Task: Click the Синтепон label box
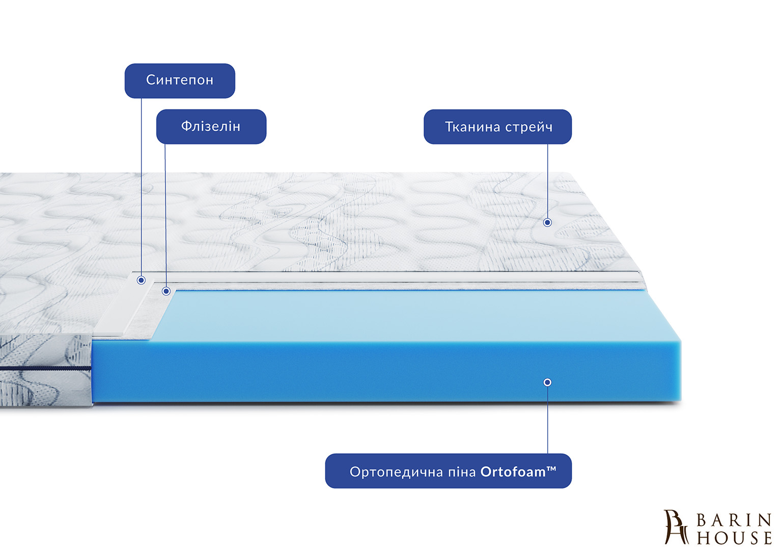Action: click(180, 80)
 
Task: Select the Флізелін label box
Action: click(211, 126)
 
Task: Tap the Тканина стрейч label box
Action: click(497, 127)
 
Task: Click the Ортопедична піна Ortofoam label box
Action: click(448, 471)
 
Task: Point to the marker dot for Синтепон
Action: click(142, 280)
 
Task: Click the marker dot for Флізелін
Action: click(166, 291)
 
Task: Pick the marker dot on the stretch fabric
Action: click(547, 223)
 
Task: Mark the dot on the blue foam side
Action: click(547, 382)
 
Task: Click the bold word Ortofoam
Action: click(513, 472)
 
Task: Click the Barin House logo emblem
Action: click(676, 527)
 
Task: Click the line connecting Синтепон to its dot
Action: click(142, 188)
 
